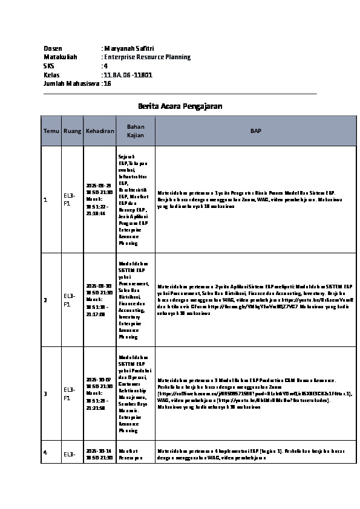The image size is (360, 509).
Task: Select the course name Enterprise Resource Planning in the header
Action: coord(147,57)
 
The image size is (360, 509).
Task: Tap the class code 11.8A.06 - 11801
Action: coord(128,75)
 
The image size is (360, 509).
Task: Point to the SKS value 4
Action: coord(106,66)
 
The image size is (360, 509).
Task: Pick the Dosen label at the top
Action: coord(53,48)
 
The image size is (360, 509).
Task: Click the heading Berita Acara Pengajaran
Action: coord(180,106)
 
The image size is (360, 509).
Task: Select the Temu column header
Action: coord(51,131)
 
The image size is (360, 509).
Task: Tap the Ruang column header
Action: coord(72,131)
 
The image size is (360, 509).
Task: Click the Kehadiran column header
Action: coord(100,131)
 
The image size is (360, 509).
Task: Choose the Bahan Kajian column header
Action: coord(135,131)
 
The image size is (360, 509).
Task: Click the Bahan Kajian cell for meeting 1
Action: coord(134,199)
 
